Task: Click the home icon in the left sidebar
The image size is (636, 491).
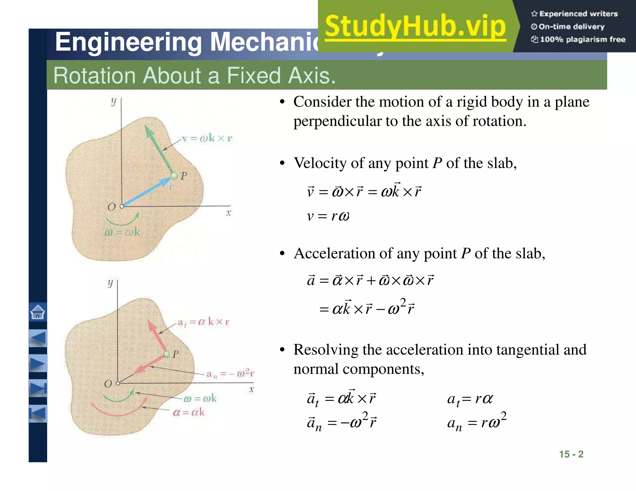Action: [38, 312]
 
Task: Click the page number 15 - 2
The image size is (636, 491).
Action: [571, 454]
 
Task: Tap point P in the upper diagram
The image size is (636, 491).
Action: [175, 176]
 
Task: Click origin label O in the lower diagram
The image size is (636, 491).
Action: [108, 384]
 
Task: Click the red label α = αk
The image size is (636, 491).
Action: [189, 412]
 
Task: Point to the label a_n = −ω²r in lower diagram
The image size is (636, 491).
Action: [230, 374]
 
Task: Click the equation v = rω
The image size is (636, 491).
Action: [328, 216]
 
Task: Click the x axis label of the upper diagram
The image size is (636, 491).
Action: [229, 213]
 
